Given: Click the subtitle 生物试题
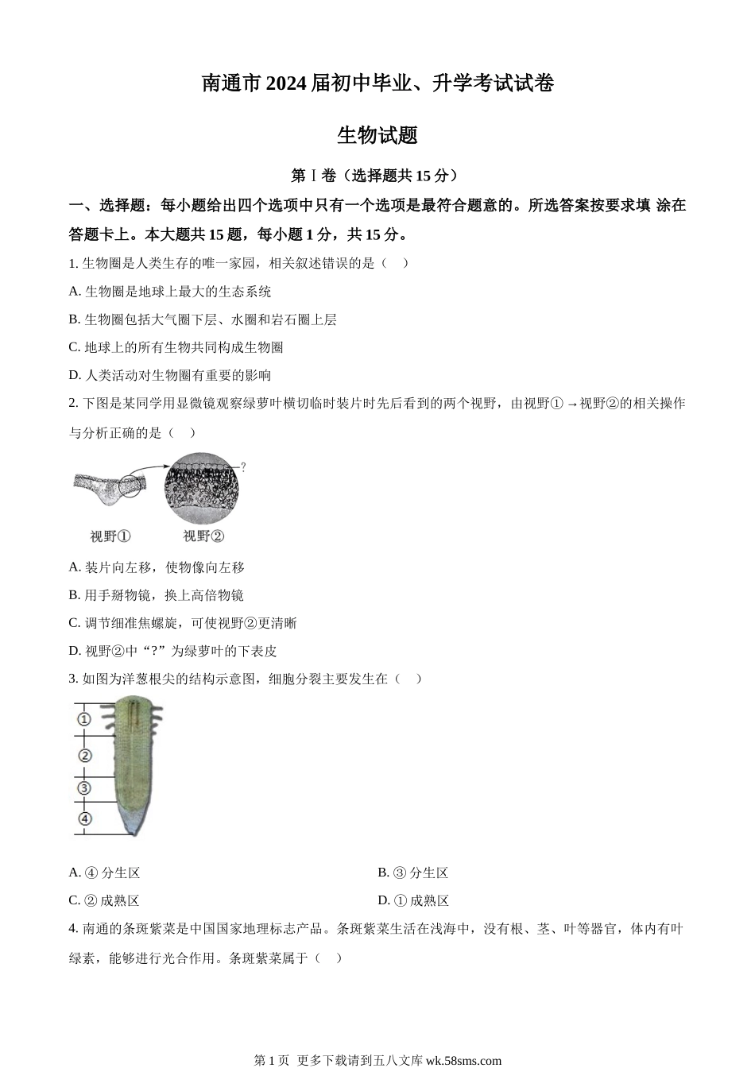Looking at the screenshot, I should (377, 136).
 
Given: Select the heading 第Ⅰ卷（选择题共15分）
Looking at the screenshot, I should (377, 176).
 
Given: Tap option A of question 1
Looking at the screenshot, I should (170, 292).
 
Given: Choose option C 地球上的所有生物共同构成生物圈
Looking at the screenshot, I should (176, 347).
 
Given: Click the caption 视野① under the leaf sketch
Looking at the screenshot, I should (110, 536).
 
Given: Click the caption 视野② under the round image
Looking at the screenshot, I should (203, 536).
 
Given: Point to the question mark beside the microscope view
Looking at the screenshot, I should (243, 467).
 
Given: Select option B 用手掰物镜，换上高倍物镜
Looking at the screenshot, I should (157, 595).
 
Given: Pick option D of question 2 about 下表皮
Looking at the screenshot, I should (173, 651).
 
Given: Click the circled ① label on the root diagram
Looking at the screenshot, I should (84, 720).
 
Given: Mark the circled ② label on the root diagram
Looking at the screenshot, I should (84, 756).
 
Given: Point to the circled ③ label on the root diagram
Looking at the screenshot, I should (84, 788).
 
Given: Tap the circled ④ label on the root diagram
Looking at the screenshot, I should (84, 818).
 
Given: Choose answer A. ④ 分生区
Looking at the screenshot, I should (105, 873).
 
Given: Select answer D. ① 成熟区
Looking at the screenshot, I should (413, 901).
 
